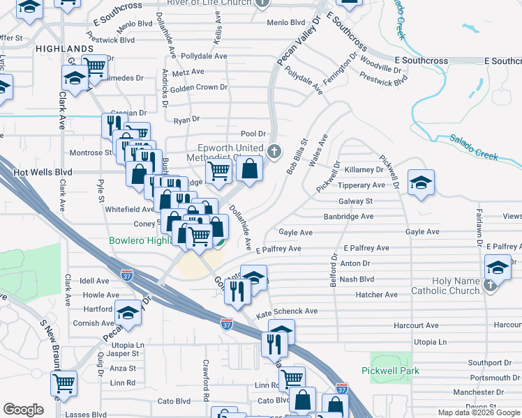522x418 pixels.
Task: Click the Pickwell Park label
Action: (391, 371)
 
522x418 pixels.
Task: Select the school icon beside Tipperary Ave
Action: (421, 184)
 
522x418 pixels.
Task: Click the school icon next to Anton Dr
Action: (498, 268)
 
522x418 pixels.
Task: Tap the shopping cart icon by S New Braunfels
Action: (64, 383)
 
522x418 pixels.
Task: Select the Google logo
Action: (23, 410)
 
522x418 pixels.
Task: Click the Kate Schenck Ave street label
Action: (286, 311)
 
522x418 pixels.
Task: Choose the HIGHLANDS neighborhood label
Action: (65, 49)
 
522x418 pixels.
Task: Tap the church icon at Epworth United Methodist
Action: (274, 150)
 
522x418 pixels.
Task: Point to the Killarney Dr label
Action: (359, 169)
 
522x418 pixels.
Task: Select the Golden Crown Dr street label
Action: (199, 88)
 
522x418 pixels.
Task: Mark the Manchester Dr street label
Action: (474, 392)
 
